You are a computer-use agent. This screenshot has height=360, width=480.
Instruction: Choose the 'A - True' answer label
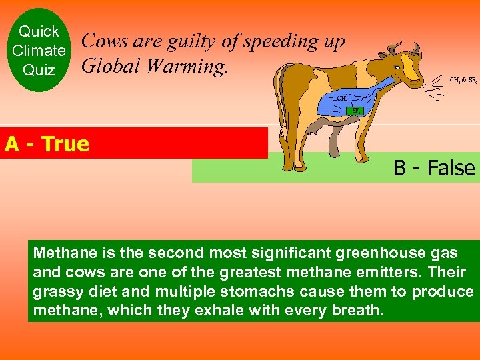tap(47, 144)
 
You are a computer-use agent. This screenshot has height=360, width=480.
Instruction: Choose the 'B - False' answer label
tap(434, 168)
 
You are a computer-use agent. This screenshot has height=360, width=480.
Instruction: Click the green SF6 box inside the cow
tap(356, 110)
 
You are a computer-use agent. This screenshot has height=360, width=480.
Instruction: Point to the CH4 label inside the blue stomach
tap(341, 98)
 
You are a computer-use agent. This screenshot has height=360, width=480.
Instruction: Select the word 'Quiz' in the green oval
tap(39, 69)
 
